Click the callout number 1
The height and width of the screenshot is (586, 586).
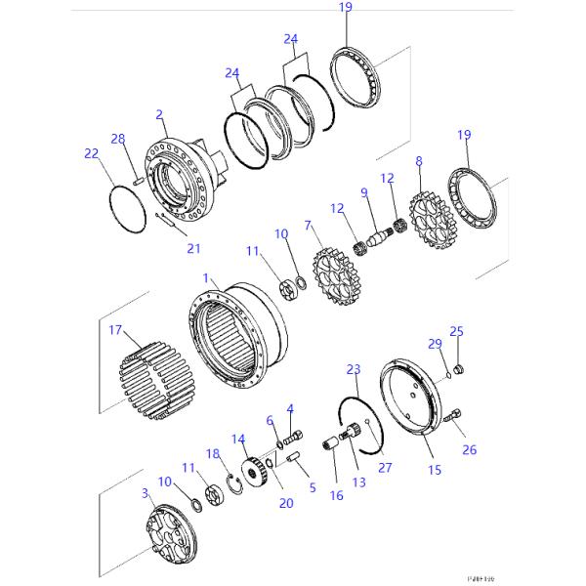click(x=206, y=278)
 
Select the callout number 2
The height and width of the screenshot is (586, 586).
click(x=159, y=115)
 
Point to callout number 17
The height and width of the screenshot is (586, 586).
click(x=114, y=331)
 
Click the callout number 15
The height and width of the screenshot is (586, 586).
click(x=435, y=470)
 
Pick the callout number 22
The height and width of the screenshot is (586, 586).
click(x=91, y=153)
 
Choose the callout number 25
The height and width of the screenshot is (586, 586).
click(x=454, y=332)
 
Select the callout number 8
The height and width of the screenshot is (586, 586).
click(x=418, y=161)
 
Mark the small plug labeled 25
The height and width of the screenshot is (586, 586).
click(x=462, y=368)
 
